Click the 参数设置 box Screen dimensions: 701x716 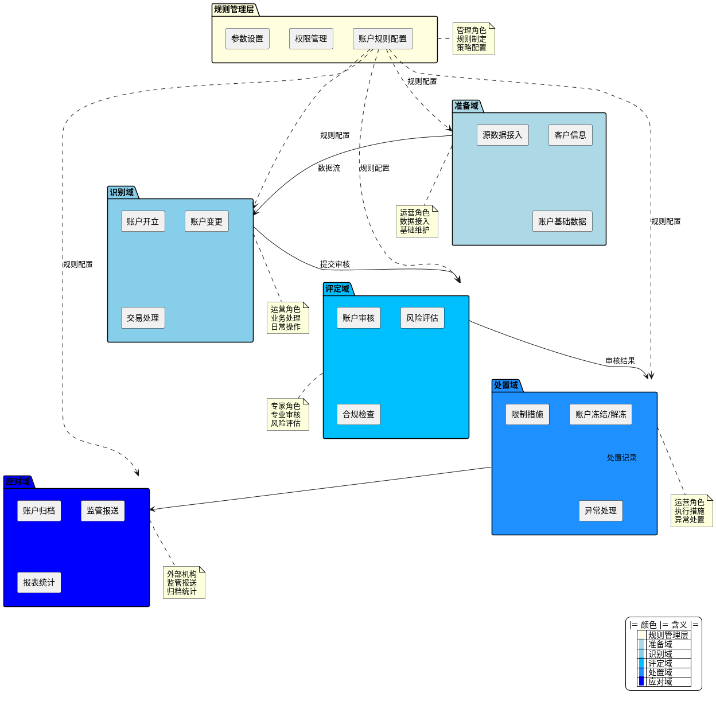pyautogui.click(x=247, y=39)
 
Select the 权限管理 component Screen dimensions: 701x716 pyautogui.click(x=311, y=39)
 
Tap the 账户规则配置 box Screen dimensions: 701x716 pyautogui.click(x=383, y=39)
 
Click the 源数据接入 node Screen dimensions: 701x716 pyautogui.click(x=503, y=135)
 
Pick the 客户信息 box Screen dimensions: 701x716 pyautogui.click(x=570, y=135)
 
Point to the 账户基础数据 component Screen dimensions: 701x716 pyautogui.click(x=562, y=221)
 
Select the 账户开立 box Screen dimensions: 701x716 pyautogui.click(x=143, y=221)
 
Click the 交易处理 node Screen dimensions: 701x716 pyautogui.click(x=143, y=318)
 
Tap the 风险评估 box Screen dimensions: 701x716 pyautogui.click(x=422, y=318)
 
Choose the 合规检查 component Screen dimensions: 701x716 pyautogui.click(x=359, y=414)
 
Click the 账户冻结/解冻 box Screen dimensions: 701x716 pyautogui.click(x=601, y=414)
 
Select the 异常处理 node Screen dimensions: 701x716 pyautogui.click(x=601, y=511)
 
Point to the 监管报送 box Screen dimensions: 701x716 pyautogui.click(x=103, y=511)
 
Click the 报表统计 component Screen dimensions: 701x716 pyautogui.click(x=39, y=582)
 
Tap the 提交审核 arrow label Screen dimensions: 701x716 pyautogui.click(x=335, y=264)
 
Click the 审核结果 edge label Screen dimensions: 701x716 pyautogui.click(x=620, y=361)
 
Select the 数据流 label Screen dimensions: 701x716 pyautogui.click(x=329, y=168)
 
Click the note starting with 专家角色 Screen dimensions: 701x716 pyautogui.click(x=287, y=414)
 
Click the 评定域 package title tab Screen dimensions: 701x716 pyautogui.click(x=337, y=289)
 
